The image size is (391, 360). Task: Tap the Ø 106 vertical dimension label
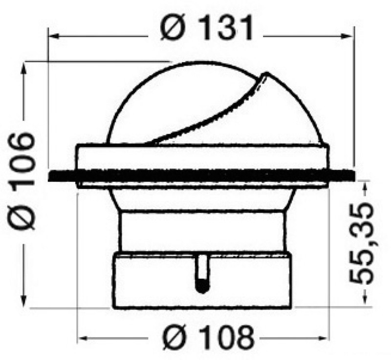click(x=22, y=181)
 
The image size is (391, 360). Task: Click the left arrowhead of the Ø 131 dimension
click(x=53, y=37)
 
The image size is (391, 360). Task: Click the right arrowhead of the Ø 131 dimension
click(x=348, y=37)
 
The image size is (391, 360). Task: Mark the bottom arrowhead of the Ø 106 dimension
click(x=24, y=301)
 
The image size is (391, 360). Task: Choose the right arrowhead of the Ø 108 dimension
click(x=321, y=338)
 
